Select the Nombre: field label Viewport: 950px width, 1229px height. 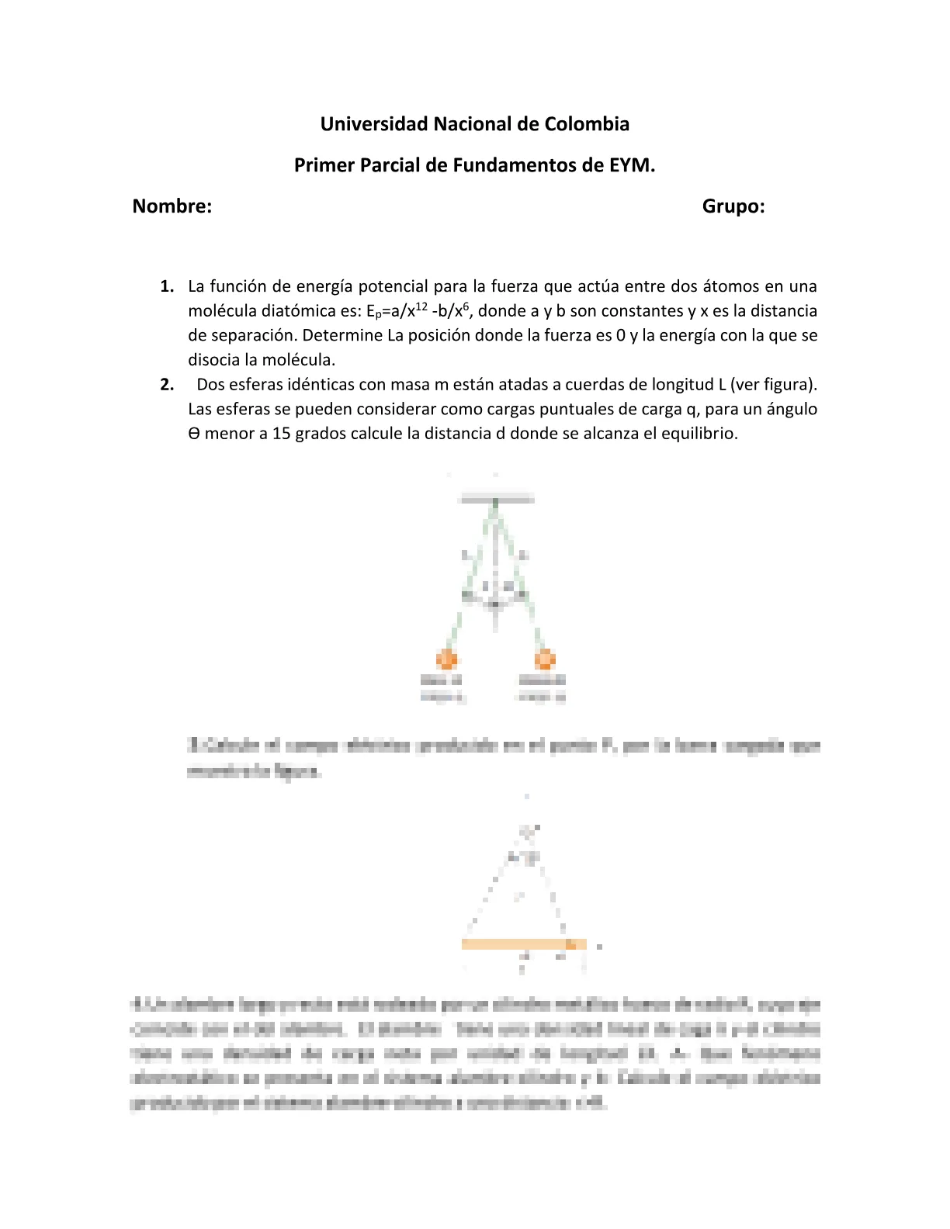point(172,206)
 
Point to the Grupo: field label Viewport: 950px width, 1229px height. point(733,206)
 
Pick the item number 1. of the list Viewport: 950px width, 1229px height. point(167,286)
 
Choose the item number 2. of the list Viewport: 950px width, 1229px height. point(167,385)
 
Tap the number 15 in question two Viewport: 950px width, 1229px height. point(281,434)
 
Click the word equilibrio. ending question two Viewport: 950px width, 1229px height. point(699,434)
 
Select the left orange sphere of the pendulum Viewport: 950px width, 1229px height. point(446,660)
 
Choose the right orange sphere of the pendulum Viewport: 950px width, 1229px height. point(545,660)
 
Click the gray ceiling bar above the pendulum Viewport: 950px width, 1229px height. point(496,499)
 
